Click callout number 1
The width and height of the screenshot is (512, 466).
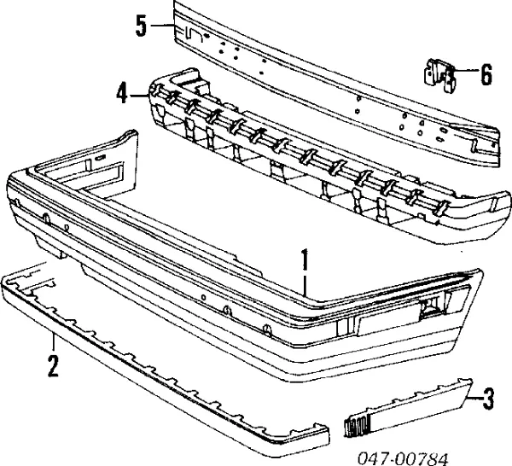305,259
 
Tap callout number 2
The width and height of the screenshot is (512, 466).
53,366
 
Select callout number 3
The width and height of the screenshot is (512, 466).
488,398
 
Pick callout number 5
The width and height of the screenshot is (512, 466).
141,26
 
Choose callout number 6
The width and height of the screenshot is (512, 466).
486,74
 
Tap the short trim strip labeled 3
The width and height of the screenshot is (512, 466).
408,408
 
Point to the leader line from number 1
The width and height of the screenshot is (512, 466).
305,285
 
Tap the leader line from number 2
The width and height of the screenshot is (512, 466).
53,342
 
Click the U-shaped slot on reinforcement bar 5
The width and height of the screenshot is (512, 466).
194,33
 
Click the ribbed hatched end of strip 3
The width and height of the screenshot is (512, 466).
357,426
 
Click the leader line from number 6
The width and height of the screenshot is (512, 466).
465,71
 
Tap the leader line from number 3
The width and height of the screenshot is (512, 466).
474,398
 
